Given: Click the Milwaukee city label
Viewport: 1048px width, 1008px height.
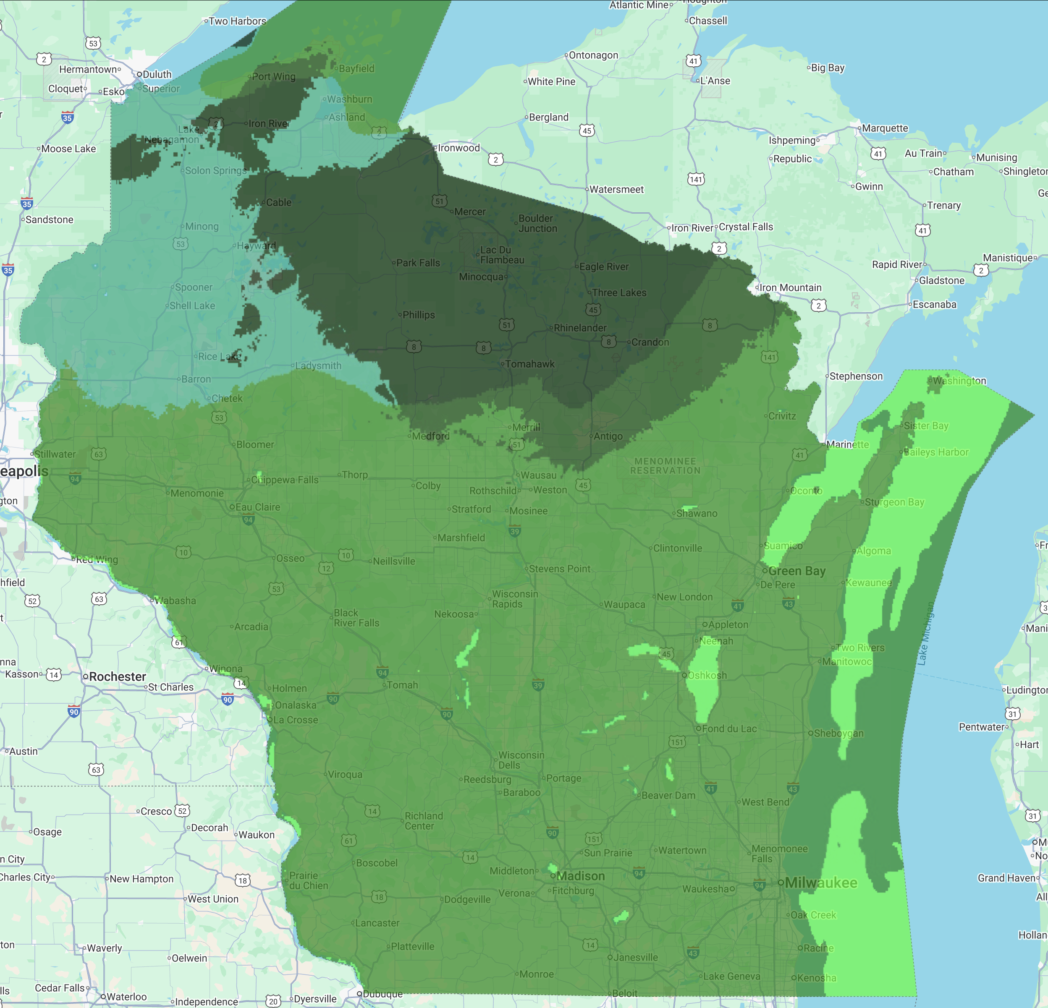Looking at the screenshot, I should [821, 883].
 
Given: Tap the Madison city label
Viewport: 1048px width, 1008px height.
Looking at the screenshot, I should [581, 875].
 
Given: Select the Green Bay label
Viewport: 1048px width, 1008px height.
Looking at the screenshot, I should [796, 571].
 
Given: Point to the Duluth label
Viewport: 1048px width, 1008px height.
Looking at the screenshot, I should [157, 74].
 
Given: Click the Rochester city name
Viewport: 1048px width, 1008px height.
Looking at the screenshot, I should [117, 676].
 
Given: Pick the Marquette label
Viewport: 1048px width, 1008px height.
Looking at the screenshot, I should [885, 128].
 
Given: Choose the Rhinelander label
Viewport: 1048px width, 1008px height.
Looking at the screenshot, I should [580, 328].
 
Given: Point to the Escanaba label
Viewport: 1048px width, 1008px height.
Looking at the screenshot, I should [934, 304].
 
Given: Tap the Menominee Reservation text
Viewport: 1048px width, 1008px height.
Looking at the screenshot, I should [665, 465].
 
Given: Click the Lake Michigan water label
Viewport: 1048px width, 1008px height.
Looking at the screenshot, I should [926, 633].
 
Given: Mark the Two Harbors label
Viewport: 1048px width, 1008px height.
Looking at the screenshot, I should [237, 21].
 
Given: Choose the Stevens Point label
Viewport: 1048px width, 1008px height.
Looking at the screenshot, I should [559, 569].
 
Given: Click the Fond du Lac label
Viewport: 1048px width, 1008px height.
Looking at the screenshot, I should [729, 729].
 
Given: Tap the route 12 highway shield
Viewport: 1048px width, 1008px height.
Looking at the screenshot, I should [326, 568].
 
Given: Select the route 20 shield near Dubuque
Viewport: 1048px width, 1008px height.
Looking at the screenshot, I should [273, 1001].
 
